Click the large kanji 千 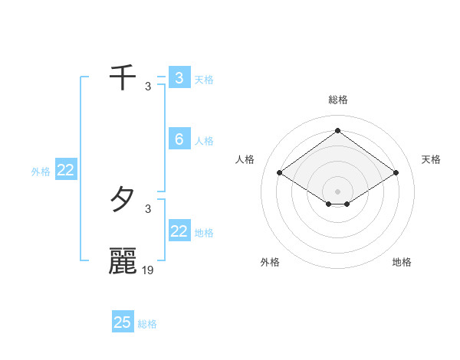click(123, 77)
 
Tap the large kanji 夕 click(123, 200)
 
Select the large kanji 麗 click(123, 261)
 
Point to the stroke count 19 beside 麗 click(148, 270)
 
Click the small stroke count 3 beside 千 click(148, 86)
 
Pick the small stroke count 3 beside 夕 click(148, 208)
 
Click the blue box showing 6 click(179, 139)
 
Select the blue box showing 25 click(123, 322)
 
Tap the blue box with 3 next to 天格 click(179, 77)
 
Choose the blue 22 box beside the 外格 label click(65, 170)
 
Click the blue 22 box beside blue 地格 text click(179, 231)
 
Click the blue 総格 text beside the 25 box click(147, 324)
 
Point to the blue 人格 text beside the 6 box click(204, 141)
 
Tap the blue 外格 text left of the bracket click(41, 172)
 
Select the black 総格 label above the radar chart click(338, 100)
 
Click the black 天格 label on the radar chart click(431, 159)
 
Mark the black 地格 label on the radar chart click(402, 262)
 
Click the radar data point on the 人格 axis click(280, 173)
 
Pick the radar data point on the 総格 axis click(337, 130)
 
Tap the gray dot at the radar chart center click(337, 191)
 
